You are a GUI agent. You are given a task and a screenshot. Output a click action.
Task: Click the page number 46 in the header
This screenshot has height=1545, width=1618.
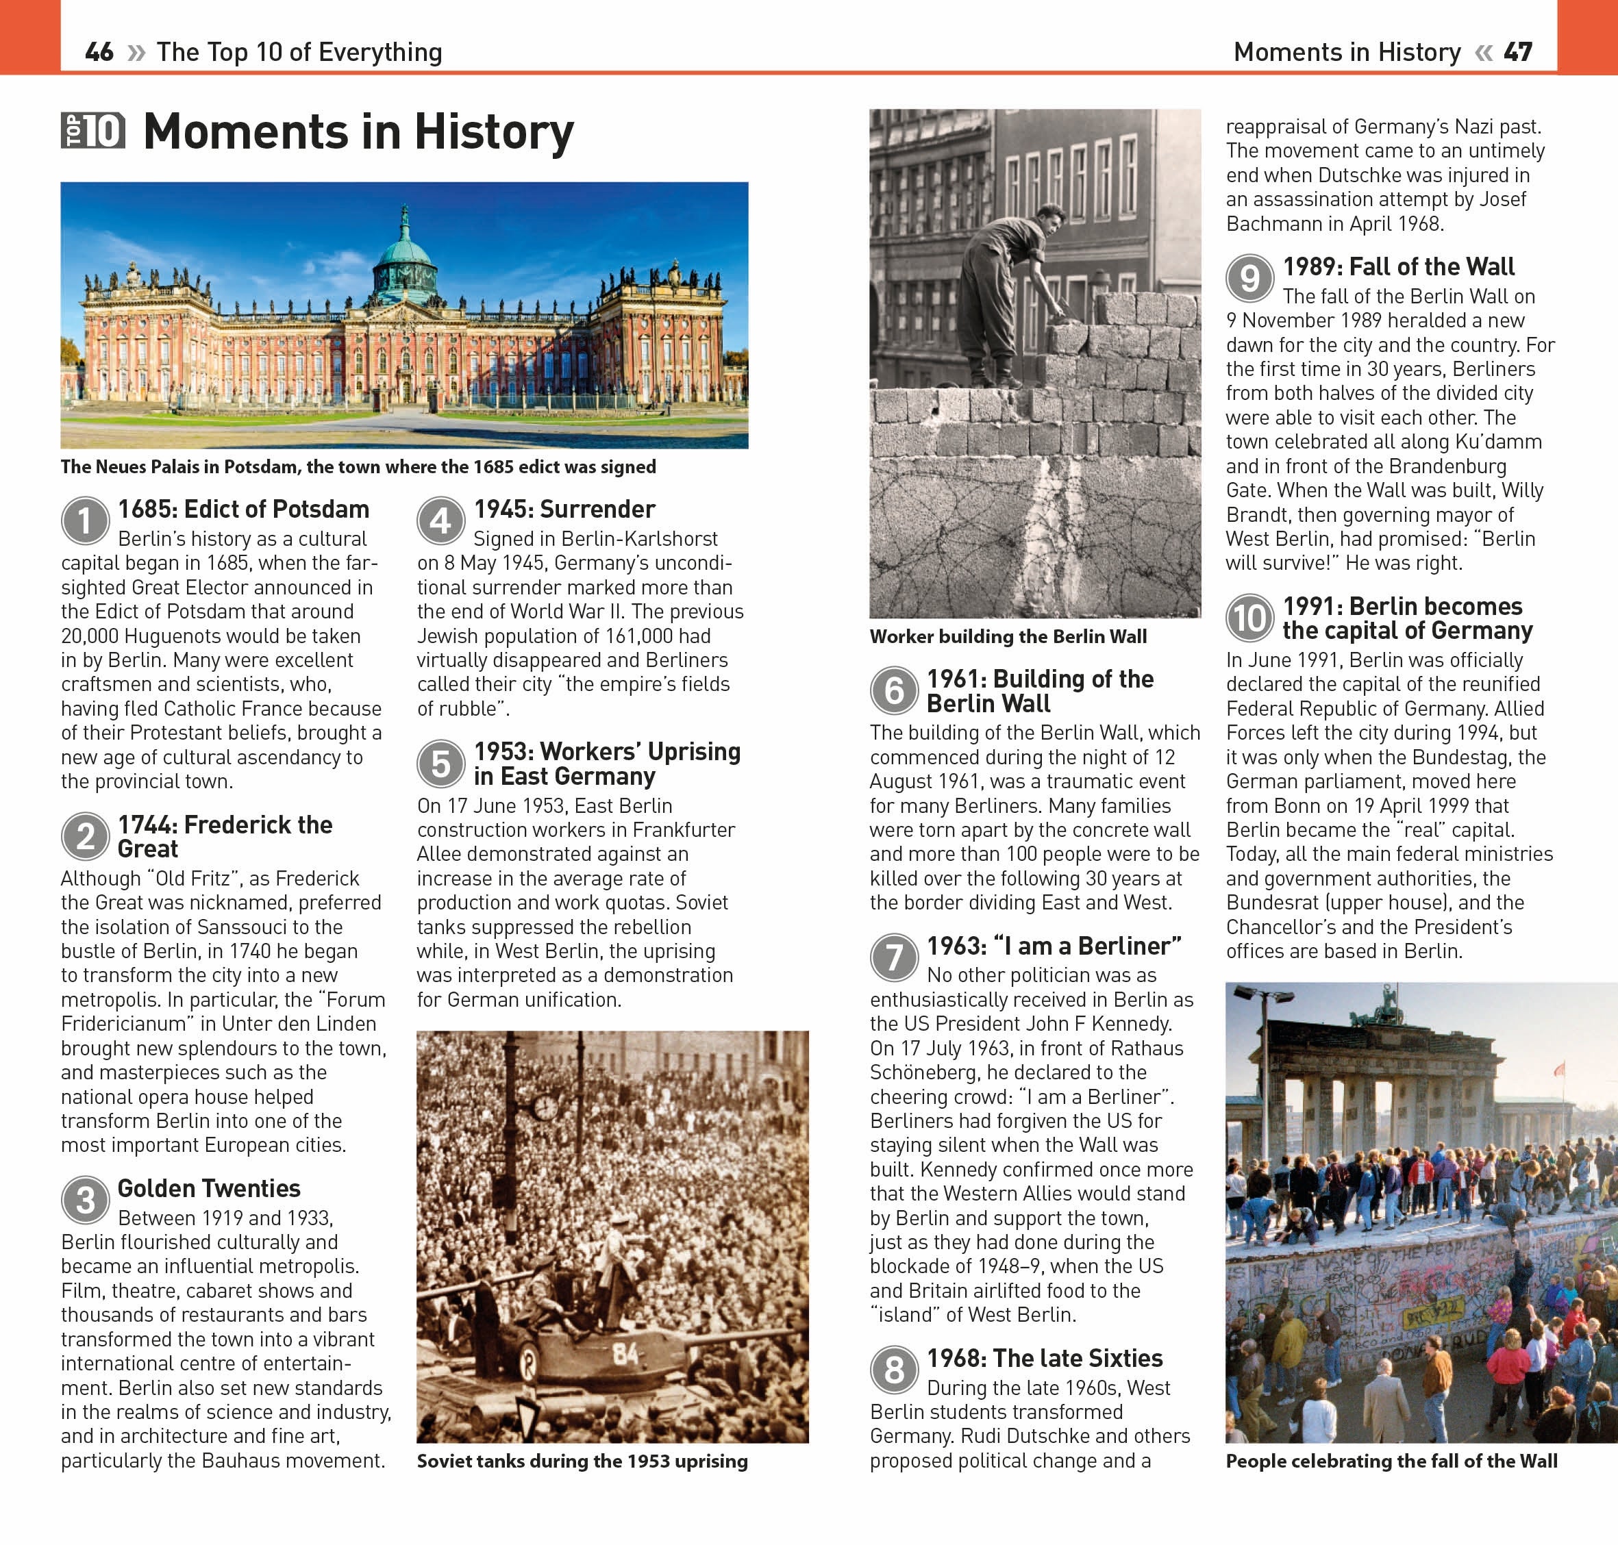99,52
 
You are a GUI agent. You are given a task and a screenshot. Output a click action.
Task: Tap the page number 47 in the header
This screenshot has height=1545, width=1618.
1517,52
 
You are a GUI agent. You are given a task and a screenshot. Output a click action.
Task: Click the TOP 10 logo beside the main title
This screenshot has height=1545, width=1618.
93,130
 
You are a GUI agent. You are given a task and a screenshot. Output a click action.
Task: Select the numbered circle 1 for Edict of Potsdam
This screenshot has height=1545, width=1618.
86,520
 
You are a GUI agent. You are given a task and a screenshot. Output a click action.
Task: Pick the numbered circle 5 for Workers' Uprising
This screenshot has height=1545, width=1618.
440,764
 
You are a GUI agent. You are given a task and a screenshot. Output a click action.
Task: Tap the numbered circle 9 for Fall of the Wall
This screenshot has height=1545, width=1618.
1249,278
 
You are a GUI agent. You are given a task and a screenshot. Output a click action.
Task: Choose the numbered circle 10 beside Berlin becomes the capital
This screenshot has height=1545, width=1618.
1249,618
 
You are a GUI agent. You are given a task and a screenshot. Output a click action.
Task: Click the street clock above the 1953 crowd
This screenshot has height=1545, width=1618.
545,1107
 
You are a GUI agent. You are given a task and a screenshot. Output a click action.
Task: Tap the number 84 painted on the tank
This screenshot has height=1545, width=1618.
625,1353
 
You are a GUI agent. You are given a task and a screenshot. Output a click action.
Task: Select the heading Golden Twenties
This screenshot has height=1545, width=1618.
208,1188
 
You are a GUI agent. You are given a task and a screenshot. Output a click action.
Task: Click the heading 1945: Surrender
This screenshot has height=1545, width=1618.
564,509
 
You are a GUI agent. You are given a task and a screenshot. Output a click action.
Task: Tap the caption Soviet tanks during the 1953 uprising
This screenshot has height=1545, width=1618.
582,1461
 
